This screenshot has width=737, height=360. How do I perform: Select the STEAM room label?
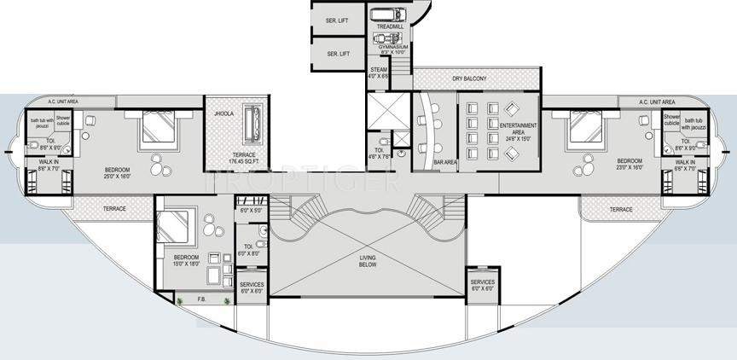pyautogui.click(x=380, y=73)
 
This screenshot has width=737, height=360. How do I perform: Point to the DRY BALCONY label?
pyautogui.click(x=469, y=79)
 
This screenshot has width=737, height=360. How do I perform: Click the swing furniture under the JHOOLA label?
pyautogui.click(x=252, y=125)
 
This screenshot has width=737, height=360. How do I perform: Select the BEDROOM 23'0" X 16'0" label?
pyautogui.click(x=629, y=164)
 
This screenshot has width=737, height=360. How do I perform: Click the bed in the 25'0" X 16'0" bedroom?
pyautogui.click(x=155, y=129)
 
